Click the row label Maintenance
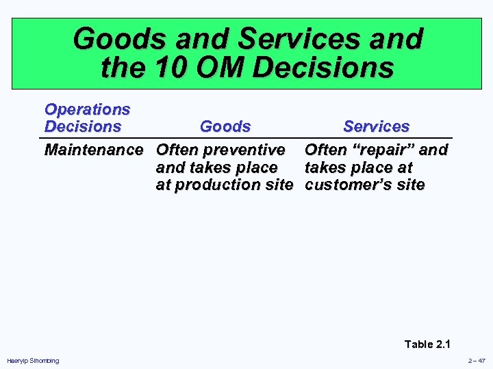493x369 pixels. (x=94, y=150)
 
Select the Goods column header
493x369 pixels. (x=225, y=127)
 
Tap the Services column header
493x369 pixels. (x=376, y=127)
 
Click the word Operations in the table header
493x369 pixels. (x=87, y=109)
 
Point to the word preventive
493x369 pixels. (x=243, y=150)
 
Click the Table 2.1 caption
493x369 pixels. (x=428, y=344)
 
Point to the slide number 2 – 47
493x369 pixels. (x=477, y=361)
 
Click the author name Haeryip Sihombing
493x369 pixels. (x=33, y=361)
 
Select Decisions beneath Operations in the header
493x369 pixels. (x=82, y=127)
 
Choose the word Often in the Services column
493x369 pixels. (x=325, y=150)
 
